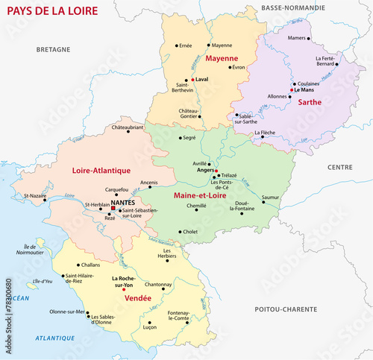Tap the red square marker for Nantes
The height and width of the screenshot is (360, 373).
[114, 209]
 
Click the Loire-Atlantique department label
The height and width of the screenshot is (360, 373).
[101, 171]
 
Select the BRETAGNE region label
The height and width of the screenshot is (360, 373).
[53, 49]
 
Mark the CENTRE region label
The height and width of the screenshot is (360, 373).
[339, 167]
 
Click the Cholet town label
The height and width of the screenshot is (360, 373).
[190, 232]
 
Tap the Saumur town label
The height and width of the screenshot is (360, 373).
[271, 198]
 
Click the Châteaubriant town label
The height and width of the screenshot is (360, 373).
[127, 127]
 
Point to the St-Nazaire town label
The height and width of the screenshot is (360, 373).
[35, 196]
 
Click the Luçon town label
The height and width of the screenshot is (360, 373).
[149, 327]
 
